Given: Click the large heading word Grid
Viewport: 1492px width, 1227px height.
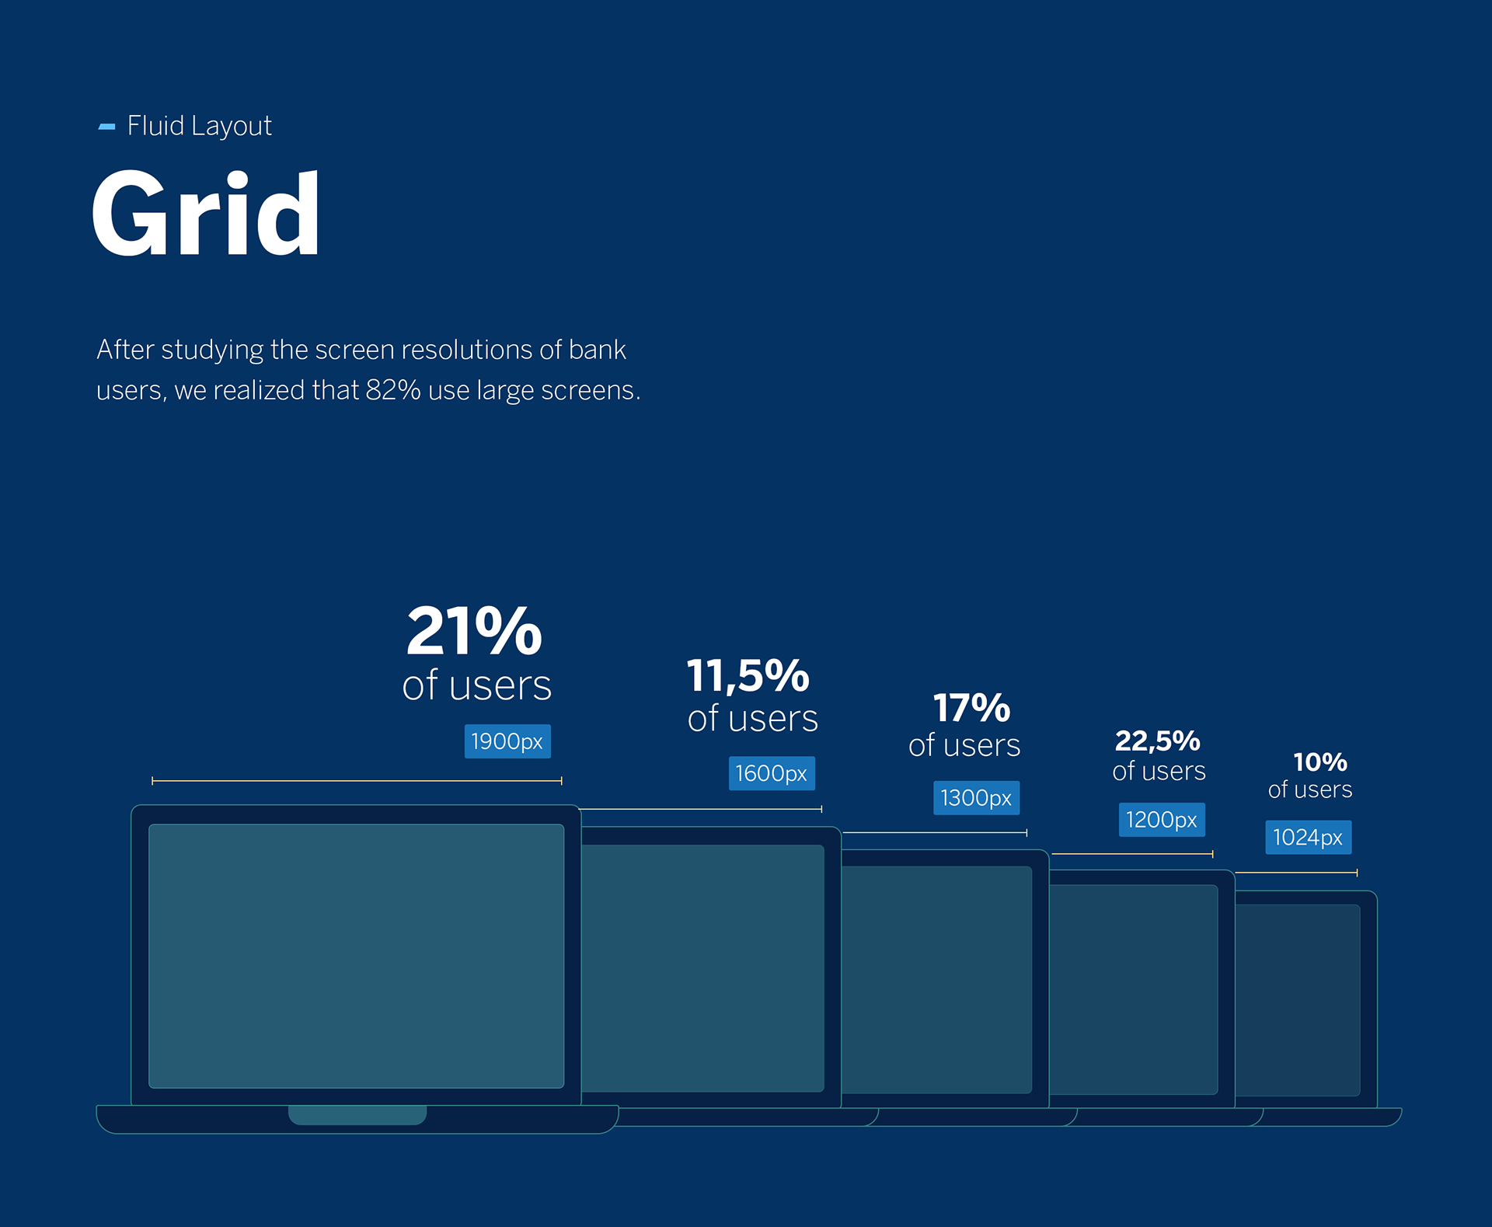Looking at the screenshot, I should pos(206,214).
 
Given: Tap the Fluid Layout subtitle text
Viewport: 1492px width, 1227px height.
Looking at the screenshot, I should pos(199,126).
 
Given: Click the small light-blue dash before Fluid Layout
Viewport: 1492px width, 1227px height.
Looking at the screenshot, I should pos(106,127).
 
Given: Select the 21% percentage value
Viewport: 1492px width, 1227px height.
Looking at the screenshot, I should pos(474,631).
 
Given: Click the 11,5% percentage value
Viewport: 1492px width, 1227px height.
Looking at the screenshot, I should pos(748,675).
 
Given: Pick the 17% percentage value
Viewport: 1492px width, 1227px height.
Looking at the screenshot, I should pos(971,708).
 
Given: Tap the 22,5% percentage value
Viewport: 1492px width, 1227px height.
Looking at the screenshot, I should pos(1157,741).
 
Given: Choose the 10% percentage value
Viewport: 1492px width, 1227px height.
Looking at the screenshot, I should pos(1319,762).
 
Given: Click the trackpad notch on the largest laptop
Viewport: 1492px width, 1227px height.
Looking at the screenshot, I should pos(357,1114).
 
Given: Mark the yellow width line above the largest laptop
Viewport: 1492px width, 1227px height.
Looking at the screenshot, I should pos(357,780).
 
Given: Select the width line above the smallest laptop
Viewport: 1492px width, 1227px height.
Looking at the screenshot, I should pos(1296,873).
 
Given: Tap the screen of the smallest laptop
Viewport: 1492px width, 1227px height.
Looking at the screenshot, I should pos(1298,1000).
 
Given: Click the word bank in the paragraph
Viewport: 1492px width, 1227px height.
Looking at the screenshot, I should pos(597,350).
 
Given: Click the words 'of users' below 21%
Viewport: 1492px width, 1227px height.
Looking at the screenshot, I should pos(476,685).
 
